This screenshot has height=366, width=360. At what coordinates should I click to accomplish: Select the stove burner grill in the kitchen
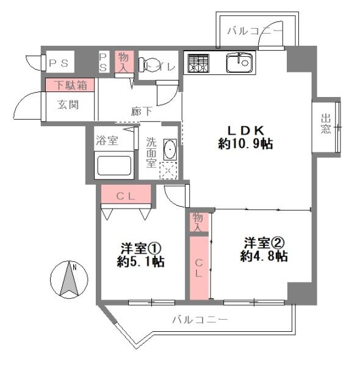198,62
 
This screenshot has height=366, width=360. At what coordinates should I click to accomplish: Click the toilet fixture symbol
146,63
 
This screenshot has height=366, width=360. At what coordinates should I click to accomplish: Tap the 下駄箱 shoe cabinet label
69,85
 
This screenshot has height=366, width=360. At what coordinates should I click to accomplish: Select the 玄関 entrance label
68,104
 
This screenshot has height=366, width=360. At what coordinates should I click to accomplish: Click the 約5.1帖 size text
142,262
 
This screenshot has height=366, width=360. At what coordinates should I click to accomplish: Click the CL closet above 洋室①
126,196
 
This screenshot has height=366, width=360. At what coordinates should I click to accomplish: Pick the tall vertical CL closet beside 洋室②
199,268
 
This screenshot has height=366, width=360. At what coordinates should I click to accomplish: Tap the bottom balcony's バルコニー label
199,319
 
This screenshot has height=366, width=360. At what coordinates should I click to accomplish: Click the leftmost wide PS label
59,62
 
